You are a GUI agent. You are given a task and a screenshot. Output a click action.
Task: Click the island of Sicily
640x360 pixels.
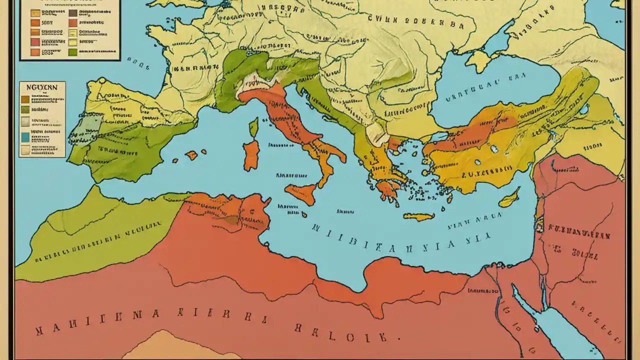(301, 193)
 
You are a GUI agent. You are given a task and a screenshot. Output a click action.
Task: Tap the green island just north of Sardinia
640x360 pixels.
(254, 127)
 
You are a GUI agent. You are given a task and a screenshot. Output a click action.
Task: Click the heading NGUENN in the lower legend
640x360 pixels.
(42, 87)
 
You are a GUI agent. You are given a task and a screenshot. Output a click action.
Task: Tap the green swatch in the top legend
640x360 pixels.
(72, 52)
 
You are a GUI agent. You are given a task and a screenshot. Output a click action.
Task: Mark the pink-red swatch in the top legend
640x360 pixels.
(34, 42)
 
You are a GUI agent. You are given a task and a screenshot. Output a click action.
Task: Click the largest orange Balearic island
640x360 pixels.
(191, 155)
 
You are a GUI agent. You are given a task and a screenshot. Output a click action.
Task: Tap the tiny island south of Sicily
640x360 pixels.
(304, 214)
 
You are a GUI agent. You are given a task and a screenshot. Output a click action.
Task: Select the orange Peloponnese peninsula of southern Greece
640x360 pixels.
(386, 189)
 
